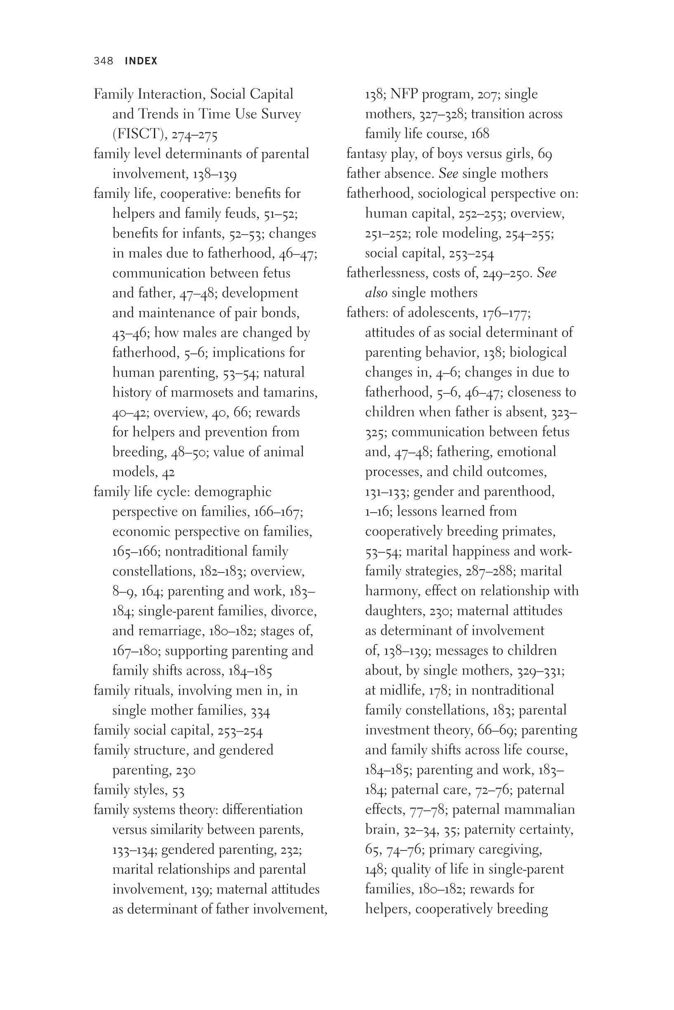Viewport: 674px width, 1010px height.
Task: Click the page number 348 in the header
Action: [103, 61]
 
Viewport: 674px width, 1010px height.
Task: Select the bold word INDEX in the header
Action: [141, 61]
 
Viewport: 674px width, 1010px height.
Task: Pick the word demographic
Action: [232, 492]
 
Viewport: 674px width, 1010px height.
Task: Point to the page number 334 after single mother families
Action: [260, 711]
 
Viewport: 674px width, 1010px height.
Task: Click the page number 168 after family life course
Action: [480, 134]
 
